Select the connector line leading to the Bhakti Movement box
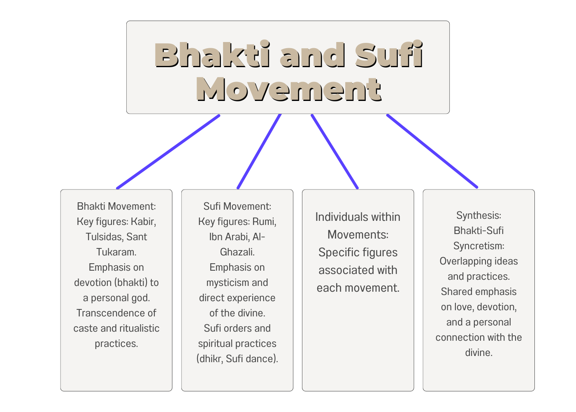[168, 152]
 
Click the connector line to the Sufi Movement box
[259, 152]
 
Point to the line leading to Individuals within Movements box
[334, 152]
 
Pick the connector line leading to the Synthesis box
[432, 151]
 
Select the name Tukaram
[116, 252]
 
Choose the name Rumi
[264, 222]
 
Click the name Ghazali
[237, 252]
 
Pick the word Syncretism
[478, 246]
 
